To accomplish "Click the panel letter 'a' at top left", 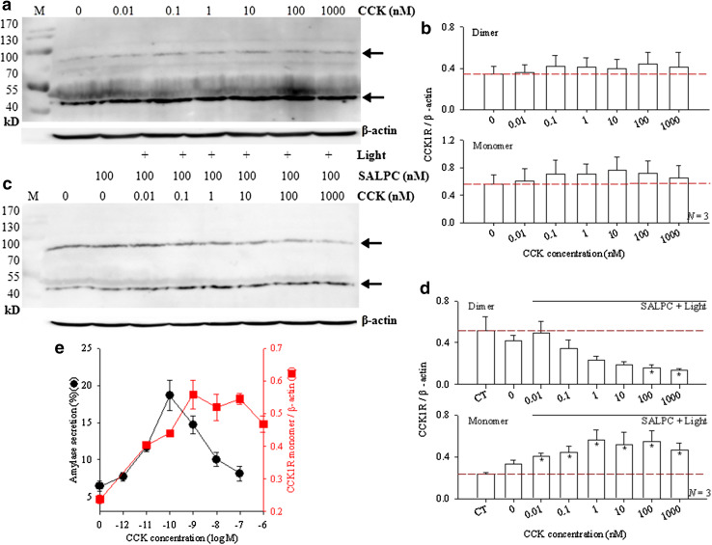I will (8, 9).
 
